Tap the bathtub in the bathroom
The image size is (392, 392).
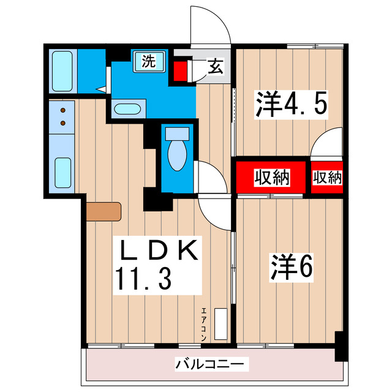pos(62,71)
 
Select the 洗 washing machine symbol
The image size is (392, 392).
pos(149,62)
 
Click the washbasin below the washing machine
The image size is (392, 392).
pos(128,110)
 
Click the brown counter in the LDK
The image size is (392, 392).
pos(104,211)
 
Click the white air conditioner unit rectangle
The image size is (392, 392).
pos(221,322)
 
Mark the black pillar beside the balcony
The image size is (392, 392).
pos(339,346)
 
